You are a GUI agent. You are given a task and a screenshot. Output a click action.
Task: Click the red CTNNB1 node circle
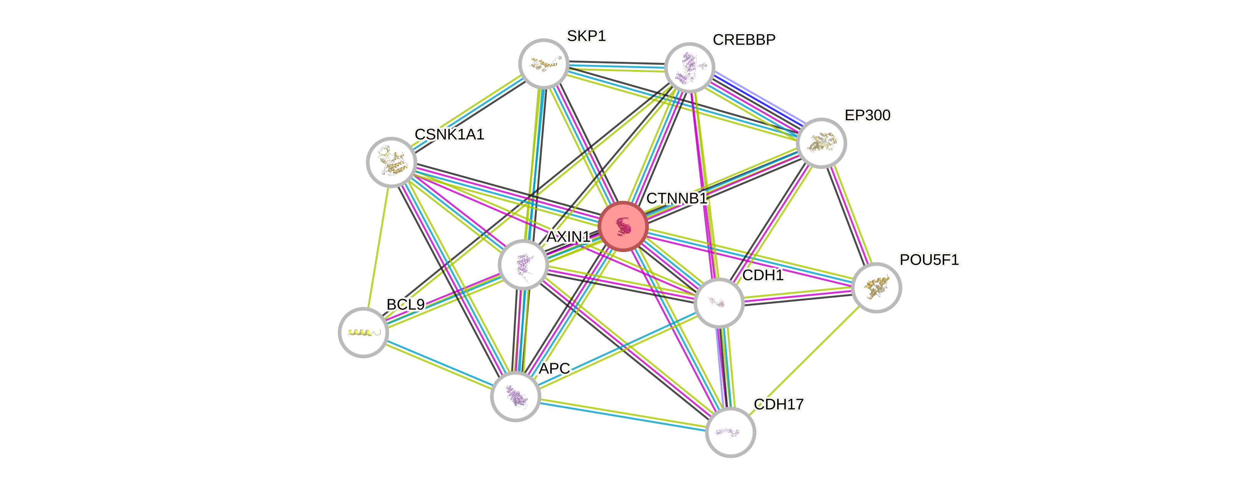(x=623, y=226)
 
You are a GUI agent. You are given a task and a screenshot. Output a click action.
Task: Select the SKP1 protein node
(x=544, y=64)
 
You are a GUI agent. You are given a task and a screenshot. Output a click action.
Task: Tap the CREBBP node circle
(x=689, y=68)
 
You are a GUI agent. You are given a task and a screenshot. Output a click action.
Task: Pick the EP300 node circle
(x=821, y=143)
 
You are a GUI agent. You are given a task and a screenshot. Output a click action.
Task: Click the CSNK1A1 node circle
(x=391, y=162)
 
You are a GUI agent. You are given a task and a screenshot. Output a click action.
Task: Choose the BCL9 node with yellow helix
(x=363, y=332)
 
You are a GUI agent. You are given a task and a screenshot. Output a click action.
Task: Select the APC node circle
(x=515, y=396)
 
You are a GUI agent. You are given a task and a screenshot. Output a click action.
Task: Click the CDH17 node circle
(x=730, y=432)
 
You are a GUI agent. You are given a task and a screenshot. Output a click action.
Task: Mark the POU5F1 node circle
(x=876, y=288)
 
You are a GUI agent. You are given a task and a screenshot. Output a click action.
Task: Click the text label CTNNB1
(x=677, y=199)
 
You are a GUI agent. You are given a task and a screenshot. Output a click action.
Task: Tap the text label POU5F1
(x=929, y=260)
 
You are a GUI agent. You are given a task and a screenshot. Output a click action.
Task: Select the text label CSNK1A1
(x=450, y=134)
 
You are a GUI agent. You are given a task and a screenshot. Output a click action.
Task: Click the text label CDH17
(x=778, y=404)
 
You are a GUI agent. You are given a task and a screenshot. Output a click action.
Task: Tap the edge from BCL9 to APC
(x=439, y=364)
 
